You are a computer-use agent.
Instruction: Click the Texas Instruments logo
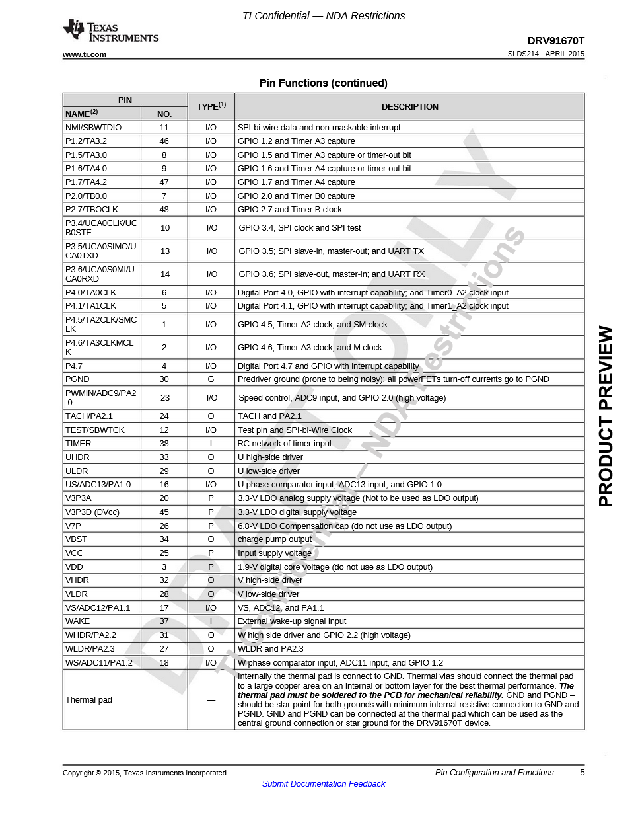[110, 32]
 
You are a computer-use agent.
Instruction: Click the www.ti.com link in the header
[85, 54]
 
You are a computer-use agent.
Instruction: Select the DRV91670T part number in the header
[555, 40]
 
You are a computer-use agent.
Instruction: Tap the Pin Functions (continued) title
[323, 83]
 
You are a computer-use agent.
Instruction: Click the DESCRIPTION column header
[409, 107]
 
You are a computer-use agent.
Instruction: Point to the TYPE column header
[211, 106]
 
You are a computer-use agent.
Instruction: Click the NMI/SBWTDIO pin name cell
[93, 128]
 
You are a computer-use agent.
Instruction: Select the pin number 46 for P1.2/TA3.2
[164, 141]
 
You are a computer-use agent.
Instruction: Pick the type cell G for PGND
[211, 379]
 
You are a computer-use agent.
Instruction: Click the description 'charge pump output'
[274, 539]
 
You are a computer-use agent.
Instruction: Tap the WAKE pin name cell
[77, 621]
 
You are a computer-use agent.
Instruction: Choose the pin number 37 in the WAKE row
[164, 621]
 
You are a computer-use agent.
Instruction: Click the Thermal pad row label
[88, 700]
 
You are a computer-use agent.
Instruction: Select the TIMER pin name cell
[78, 444]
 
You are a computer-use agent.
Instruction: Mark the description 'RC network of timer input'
[284, 444]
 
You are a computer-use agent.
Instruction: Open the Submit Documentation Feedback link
[324, 784]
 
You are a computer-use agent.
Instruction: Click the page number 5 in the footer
[582, 773]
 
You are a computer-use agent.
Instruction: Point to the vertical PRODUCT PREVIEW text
[606, 416]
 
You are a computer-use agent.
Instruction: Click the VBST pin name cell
[76, 539]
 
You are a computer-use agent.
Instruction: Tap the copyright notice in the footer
[144, 773]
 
